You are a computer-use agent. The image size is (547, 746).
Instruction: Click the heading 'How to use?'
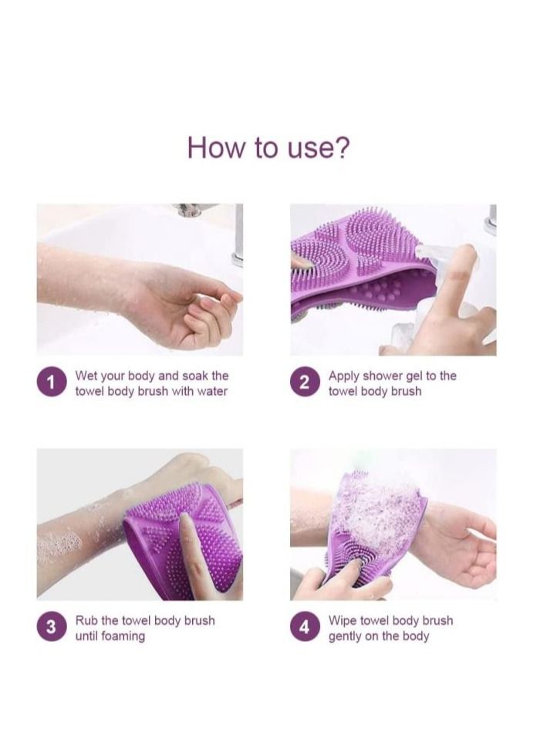[268, 147]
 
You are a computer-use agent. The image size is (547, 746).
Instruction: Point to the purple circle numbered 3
[51, 627]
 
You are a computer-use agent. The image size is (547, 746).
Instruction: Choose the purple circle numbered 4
[305, 628]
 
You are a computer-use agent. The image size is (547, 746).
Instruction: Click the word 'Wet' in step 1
[86, 376]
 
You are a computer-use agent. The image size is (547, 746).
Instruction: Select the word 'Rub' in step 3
[86, 620]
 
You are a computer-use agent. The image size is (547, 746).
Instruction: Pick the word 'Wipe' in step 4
[343, 620]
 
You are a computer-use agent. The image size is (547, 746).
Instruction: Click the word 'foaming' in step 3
[122, 636]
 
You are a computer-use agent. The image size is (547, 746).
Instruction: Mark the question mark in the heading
[341, 147]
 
